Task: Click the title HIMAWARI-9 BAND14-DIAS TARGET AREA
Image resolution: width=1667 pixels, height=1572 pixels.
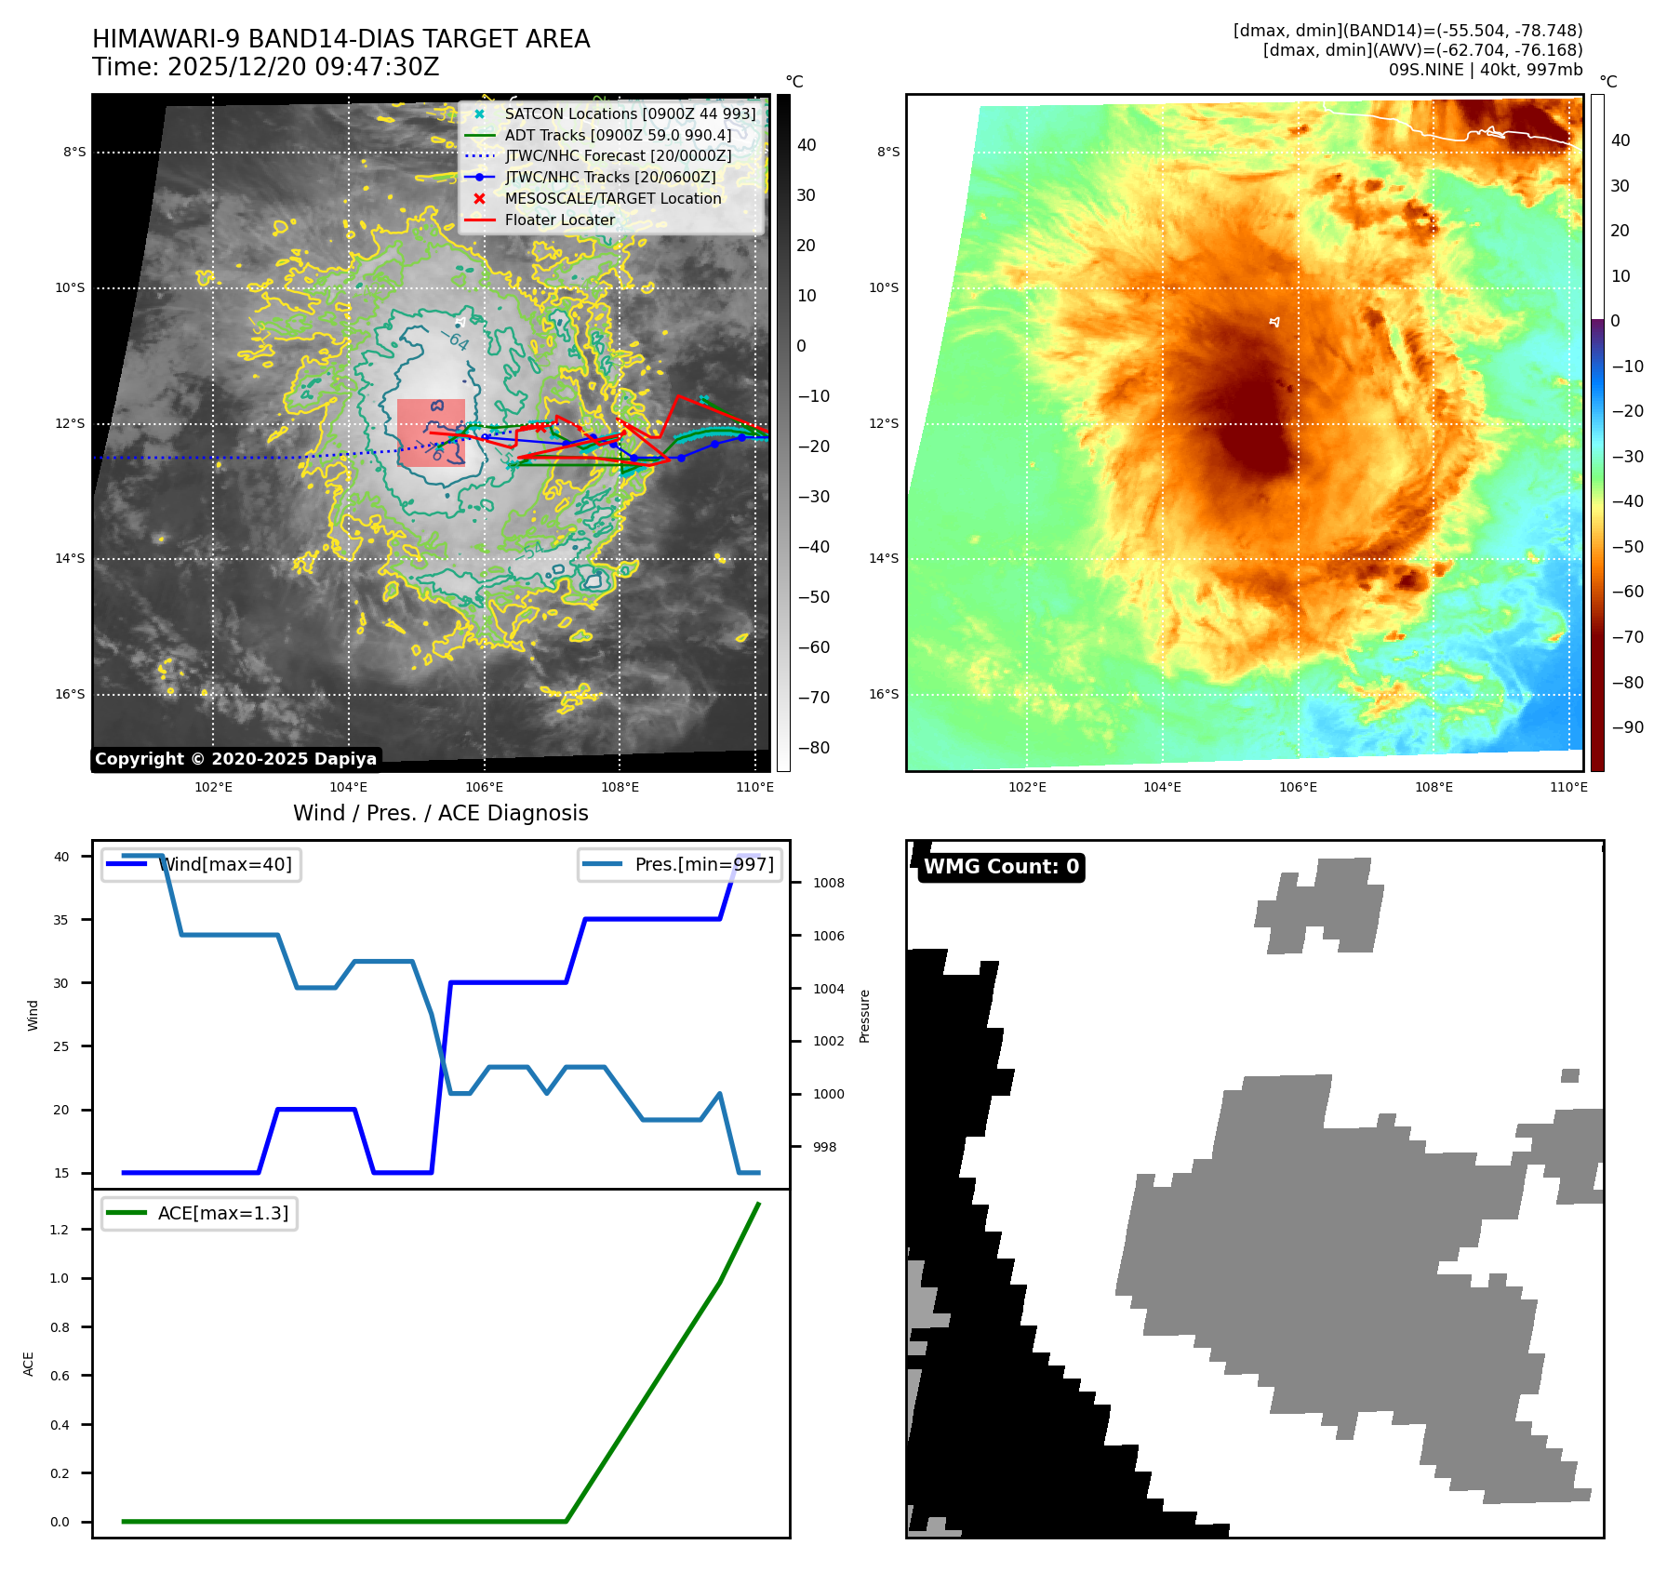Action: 340,39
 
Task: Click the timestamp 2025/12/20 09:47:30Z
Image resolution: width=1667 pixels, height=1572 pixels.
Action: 303,68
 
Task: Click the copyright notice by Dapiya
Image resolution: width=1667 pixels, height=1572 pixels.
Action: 235,759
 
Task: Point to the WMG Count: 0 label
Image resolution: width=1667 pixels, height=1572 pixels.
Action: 1001,867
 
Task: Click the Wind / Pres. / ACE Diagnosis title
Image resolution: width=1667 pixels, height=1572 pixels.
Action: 441,813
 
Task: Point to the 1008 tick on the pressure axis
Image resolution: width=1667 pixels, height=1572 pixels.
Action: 828,883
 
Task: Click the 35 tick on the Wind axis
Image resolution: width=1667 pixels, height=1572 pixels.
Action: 61,920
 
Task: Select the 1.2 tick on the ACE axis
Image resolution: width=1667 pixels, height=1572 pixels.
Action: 60,1230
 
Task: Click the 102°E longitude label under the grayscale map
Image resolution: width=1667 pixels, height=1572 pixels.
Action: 213,787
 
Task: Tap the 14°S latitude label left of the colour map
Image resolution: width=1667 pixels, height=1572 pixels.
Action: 883,558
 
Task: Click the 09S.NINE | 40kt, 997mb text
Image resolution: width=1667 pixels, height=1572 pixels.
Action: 1485,70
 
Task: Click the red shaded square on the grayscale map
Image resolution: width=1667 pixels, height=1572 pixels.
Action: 431,432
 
